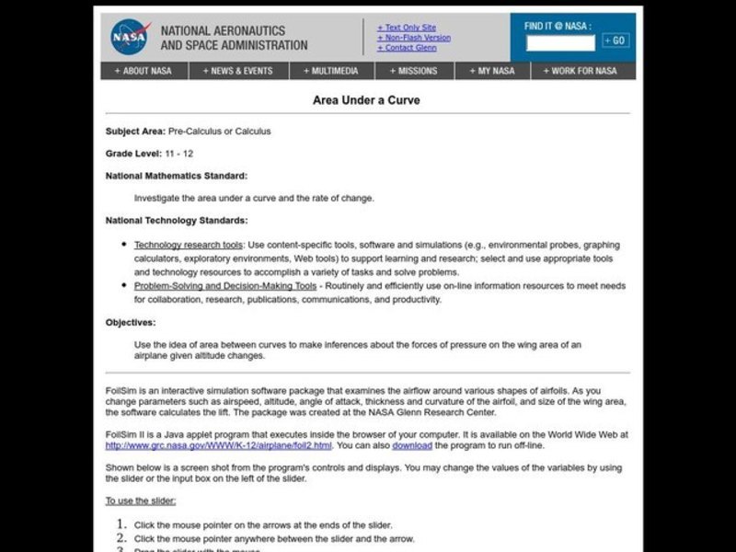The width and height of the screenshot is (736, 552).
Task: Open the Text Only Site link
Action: (409, 28)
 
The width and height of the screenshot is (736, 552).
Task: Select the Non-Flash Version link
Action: (414, 38)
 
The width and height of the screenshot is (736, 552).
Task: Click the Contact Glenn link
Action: (408, 48)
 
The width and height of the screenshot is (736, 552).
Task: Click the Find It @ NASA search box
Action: (560, 40)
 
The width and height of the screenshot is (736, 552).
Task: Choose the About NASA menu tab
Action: (143, 71)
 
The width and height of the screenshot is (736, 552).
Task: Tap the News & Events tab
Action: (239, 71)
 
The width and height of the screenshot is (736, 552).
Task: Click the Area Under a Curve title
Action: (366, 99)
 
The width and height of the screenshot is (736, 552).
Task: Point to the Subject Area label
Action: (135, 132)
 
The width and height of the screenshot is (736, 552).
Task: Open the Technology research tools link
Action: (189, 245)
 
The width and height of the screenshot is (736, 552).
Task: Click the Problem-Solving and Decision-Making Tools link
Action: (225, 286)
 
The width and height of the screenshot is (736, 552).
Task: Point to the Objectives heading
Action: (131, 322)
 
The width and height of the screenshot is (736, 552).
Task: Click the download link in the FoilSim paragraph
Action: (411, 445)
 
